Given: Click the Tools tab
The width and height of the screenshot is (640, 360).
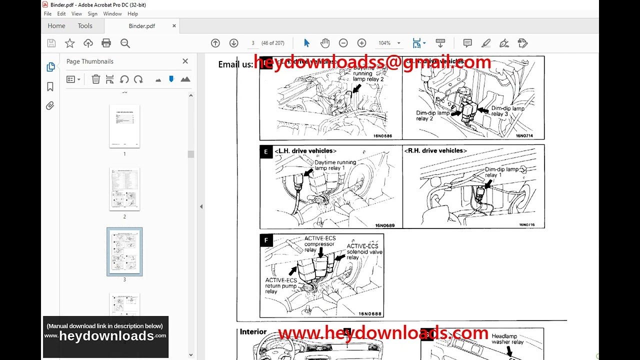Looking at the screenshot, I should (85, 26).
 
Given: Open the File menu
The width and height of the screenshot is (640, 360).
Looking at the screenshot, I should (47, 14).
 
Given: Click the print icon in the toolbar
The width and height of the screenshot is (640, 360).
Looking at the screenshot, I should (106, 43).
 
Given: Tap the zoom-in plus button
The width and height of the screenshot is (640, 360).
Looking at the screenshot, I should (361, 43).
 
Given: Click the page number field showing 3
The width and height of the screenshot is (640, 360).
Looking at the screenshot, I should (253, 43).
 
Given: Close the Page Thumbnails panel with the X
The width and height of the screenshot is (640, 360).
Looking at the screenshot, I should (185, 61).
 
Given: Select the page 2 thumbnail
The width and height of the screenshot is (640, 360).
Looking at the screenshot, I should (124, 189).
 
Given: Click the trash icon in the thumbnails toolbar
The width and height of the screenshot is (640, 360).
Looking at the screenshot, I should (95, 79).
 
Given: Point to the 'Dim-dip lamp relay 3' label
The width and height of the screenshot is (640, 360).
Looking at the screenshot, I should (507, 111).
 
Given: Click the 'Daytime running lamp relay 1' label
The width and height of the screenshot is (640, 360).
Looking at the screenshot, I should (335, 165).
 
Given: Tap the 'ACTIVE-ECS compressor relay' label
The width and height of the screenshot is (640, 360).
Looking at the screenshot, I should (320, 244).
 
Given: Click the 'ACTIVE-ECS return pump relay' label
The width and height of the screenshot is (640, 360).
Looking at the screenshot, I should (280, 286).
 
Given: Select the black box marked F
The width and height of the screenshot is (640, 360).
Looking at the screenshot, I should (266, 240).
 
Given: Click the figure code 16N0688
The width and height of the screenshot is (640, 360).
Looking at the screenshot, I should (369, 314).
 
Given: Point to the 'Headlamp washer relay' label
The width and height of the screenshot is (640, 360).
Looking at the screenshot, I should (507, 339).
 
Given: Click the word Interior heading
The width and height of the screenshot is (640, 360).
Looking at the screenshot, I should (253, 331).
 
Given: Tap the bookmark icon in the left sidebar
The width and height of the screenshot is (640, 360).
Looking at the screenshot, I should (50, 86).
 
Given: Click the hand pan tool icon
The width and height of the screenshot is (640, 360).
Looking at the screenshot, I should (325, 43).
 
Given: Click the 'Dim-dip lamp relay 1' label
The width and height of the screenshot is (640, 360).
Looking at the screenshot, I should (501, 172).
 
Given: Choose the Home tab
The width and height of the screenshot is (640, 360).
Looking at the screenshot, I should (56, 26).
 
